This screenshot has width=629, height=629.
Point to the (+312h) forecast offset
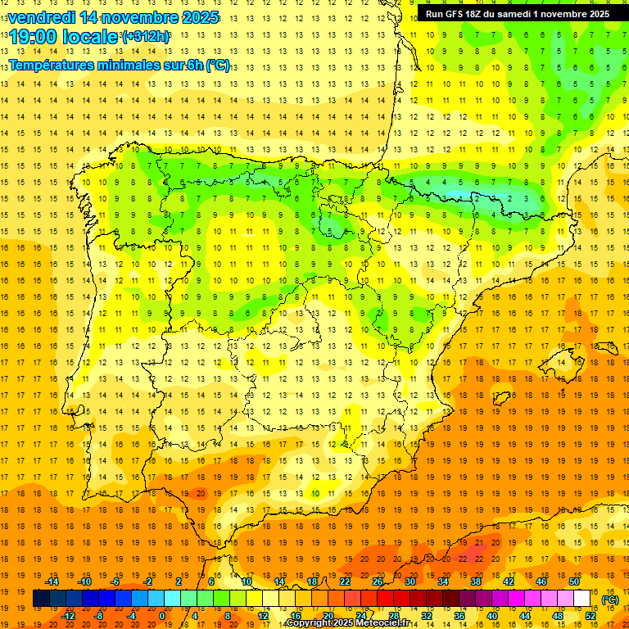click(x=146, y=37)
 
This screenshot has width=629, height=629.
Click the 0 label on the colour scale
click(x=162, y=616)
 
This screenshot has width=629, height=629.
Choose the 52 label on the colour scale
click(x=591, y=616)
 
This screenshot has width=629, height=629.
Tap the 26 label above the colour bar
click(x=378, y=581)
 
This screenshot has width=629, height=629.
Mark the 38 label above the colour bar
click(x=476, y=581)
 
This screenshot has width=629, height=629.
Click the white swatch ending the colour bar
click(x=581, y=599)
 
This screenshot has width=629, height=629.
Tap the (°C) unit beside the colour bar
click(x=610, y=600)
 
